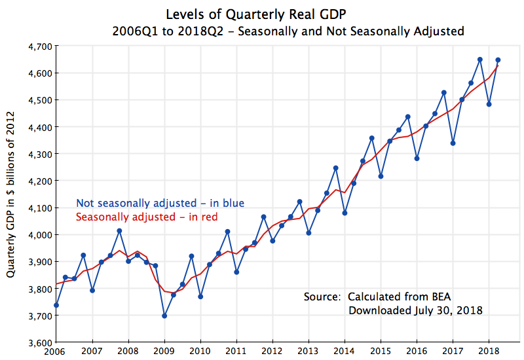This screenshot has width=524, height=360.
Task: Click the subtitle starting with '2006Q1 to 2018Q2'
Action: coord(288,31)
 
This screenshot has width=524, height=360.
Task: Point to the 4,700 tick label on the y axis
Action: coord(39,46)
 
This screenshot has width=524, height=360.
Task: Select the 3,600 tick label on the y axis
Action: coord(39,342)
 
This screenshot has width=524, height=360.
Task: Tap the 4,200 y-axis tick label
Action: coord(39,181)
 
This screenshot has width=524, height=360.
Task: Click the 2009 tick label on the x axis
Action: coord(164,351)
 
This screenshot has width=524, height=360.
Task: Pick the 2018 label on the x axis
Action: coord(487,351)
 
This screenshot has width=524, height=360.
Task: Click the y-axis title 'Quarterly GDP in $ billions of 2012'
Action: coord(11,196)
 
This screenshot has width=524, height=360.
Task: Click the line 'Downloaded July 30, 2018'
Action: coord(415,310)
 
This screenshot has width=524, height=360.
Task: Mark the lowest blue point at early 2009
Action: coord(164,315)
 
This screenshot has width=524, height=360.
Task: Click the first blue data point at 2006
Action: coord(56,305)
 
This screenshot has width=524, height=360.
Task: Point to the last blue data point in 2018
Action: coord(498,60)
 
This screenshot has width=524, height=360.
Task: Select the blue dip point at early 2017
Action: coord(453,143)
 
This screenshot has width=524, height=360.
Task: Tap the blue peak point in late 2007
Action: coord(119,230)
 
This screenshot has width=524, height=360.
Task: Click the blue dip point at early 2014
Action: coord(345,213)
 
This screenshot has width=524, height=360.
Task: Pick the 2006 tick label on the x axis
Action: coord(56,351)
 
